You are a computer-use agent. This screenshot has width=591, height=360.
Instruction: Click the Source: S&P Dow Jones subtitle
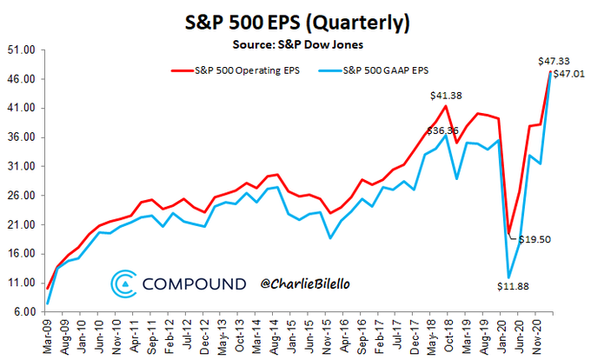[296, 42]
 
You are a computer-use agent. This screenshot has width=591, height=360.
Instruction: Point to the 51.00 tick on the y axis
[20, 50]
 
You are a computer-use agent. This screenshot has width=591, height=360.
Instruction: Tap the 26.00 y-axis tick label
[20, 196]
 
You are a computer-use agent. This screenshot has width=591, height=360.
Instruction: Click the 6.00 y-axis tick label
[20, 312]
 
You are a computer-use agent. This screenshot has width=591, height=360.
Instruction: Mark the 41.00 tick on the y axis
[20, 109]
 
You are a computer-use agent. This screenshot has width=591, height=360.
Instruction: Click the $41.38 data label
[445, 94]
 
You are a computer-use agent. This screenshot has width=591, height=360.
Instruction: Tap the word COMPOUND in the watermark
[195, 283]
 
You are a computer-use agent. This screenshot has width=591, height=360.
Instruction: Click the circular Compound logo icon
[123, 283]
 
